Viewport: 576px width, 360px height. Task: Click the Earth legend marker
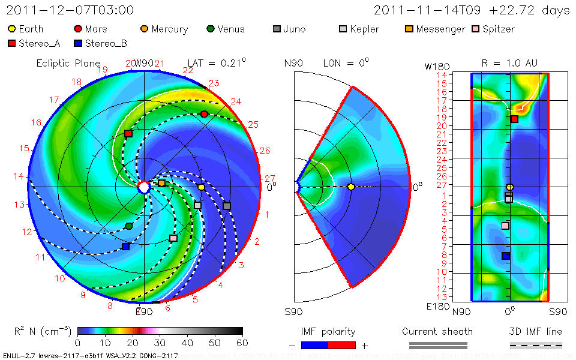(x=12, y=29)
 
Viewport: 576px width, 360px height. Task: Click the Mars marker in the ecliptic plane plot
(x=205, y=114)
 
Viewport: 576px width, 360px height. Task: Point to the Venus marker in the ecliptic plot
(x=129, y=226)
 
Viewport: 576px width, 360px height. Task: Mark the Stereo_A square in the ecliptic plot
(x=128, y=133)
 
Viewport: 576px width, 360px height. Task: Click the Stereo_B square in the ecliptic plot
(x=125, y=247)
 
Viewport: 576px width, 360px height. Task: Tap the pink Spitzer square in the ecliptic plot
(x=173, y=238)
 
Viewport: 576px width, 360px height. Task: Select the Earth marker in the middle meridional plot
(x=351, y=187)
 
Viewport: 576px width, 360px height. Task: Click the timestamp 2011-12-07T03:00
(x=70, y=10)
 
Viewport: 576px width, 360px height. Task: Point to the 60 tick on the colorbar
(x=242, y=343)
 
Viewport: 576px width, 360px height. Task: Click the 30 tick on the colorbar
(x=160, y=343)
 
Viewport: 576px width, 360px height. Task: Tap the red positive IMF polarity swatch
(x=342, y=345)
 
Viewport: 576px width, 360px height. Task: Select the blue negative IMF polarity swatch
(x=315, y=345)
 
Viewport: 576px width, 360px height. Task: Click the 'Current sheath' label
(x=437, y=331)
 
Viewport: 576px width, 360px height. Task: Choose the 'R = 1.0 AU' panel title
(x=509, y=63)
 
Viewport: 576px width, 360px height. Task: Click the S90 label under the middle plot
(x=293, y=312)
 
